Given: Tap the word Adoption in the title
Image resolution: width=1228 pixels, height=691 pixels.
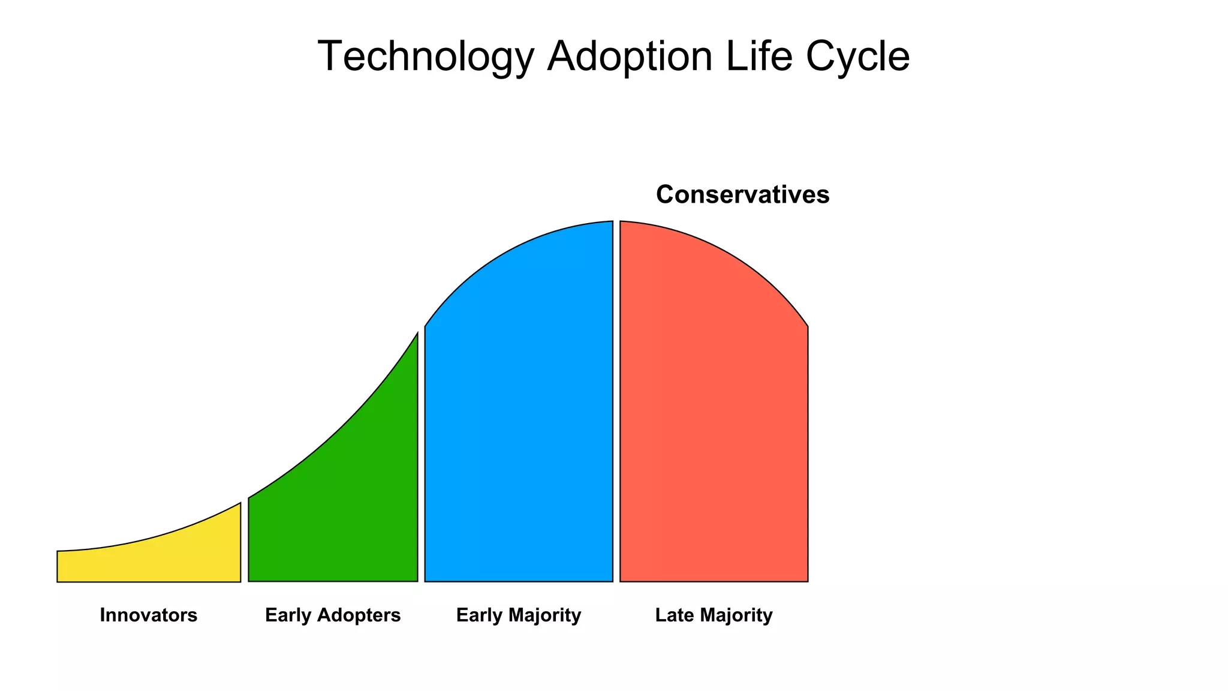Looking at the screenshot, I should (630, 57).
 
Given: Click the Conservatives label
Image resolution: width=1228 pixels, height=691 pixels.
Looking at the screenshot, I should (742, 195).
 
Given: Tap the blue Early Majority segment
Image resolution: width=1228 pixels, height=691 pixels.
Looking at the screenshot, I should (519, 420).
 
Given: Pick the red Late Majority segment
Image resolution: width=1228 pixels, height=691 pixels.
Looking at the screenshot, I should (714, 420).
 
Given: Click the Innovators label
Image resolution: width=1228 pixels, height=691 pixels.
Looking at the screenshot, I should (148, 615).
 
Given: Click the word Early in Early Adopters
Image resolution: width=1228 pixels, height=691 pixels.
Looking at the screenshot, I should (288, 615).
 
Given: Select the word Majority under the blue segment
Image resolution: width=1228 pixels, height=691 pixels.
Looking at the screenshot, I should (544, 615).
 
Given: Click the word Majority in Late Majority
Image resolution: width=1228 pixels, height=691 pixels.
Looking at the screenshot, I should (736, 615).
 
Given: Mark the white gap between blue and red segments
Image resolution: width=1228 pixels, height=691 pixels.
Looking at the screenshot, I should (616, 420).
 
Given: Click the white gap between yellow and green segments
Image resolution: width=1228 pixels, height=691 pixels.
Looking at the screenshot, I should (245, 552).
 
